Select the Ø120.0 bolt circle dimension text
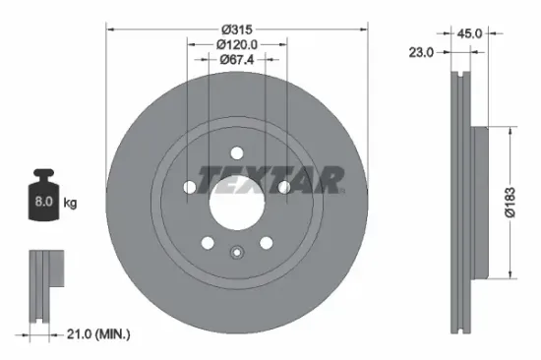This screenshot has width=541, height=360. (236, 43)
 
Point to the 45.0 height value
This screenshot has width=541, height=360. (469, 32)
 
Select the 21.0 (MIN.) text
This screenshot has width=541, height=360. (93, 335)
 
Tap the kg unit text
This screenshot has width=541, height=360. (71, 203)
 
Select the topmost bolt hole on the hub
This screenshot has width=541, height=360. (236, 151)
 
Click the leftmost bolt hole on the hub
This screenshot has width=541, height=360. (189, 187)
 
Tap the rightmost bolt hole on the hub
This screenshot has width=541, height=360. (283, 187)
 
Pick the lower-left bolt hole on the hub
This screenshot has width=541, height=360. (207, 243)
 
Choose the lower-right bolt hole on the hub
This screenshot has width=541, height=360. (266, 243)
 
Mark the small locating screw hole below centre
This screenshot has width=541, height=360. (236, 252)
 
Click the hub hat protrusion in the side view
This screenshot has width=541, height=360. (479, 202)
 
